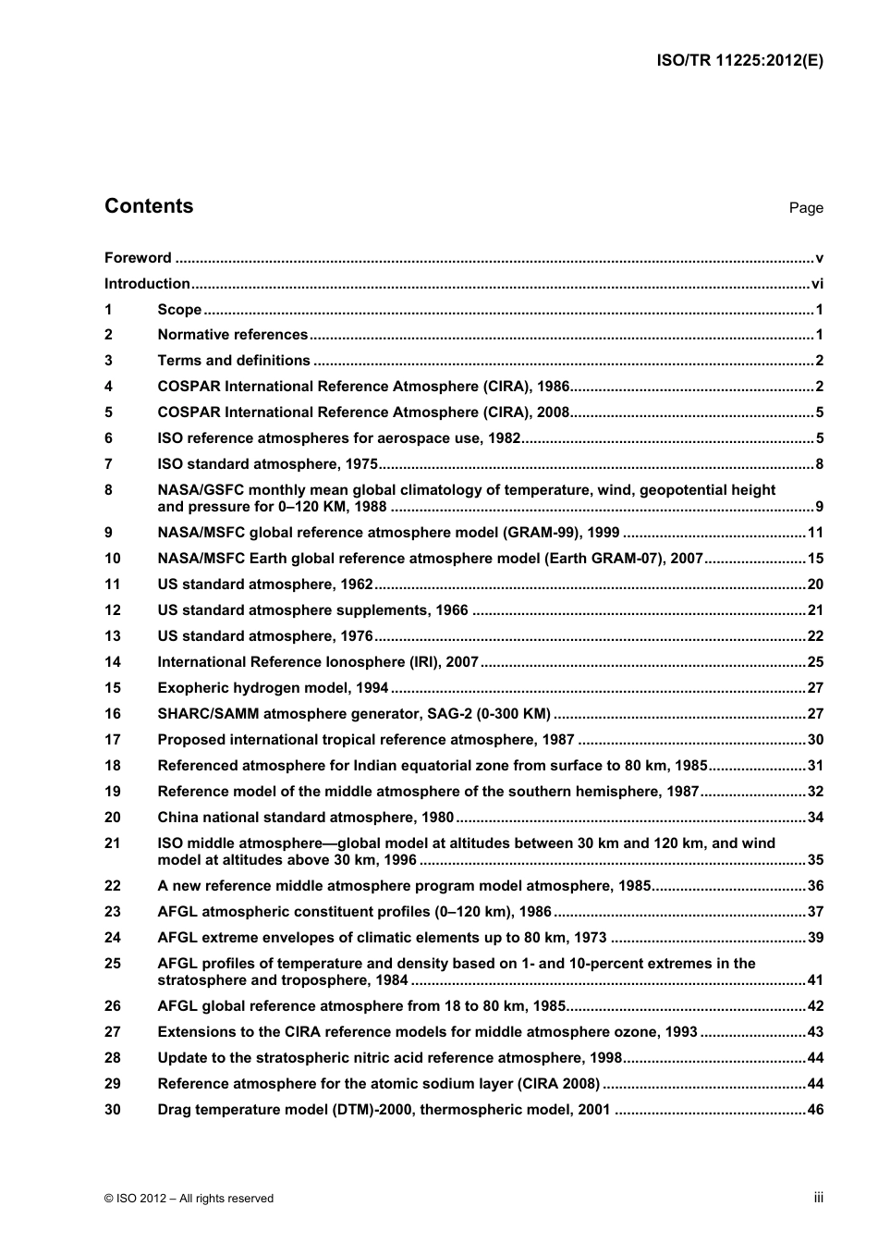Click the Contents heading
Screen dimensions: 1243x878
tap(149, 206)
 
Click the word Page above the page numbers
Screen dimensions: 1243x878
tap(806, 208)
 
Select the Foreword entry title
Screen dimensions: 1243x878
tap(138, 258)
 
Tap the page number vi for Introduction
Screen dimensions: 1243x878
tap(817, 284)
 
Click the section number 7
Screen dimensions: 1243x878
tap(109, 464)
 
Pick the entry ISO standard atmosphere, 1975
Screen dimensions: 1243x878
tap(267, 464)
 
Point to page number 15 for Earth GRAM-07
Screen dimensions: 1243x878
tap(815, 559)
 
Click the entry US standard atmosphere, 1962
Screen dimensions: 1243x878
tap(265, 585)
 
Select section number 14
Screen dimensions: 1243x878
tap(113, 662)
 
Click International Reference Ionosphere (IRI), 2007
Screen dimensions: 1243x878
tap(318, 662)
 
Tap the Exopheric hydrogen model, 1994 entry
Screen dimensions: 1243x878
tap(273, 688)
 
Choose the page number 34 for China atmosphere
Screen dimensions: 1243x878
tap(815, 818)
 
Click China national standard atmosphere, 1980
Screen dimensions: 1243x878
tap(306, 818)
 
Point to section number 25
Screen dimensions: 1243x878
tap(113, 964)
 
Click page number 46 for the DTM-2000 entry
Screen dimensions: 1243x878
tap(815, 1110)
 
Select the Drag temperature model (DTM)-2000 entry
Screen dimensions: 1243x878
tap(384, 1110)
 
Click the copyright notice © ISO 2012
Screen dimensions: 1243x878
tap(189, 1199)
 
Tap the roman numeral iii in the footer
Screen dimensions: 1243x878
tap(818, 1198)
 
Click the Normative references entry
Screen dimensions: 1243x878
tap(232, 335)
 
